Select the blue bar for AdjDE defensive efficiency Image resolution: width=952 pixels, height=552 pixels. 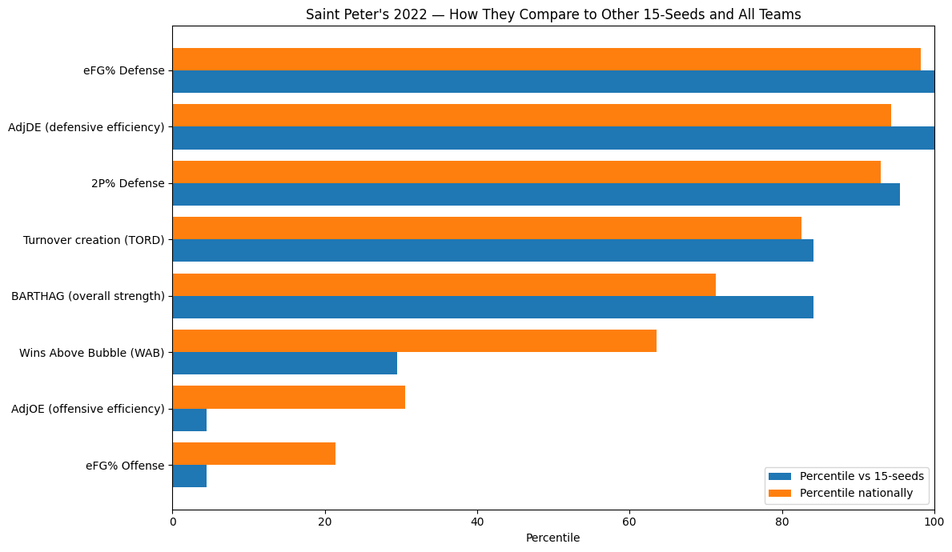pos(552,138)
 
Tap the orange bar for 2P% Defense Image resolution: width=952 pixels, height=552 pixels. pos(526,172)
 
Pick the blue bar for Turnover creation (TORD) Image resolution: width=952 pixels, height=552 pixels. pos(492,250)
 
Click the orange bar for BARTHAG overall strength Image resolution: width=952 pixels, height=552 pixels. pos(444,285)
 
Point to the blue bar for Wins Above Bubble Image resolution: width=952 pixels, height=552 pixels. pos(284,363)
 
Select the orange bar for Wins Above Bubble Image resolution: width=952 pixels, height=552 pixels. pos(414,341)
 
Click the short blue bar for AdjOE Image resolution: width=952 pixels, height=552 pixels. pos(190,420)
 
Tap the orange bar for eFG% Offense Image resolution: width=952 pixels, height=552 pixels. pos(254,454)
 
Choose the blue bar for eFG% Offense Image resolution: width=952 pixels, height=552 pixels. pos(190,476)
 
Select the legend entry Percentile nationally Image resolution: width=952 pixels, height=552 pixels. pos(856,493)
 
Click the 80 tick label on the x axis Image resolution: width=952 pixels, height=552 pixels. pos(782,520)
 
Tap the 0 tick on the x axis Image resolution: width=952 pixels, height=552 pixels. pos(172,520)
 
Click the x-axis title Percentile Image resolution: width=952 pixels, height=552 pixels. pos(552,538)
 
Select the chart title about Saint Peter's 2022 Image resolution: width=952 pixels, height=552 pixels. pos(552,14)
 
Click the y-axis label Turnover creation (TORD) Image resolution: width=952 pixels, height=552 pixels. pos(94,239)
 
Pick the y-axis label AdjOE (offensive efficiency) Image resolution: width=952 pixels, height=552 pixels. pos(88,409)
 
